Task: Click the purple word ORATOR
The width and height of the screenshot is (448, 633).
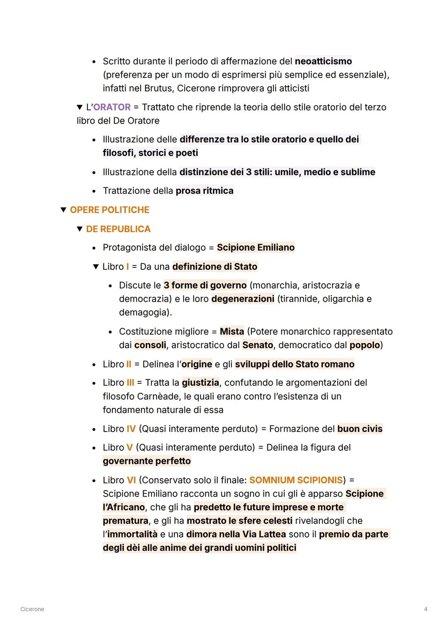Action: pos(112,107)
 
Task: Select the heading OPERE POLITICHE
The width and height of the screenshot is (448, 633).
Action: pos(110,210)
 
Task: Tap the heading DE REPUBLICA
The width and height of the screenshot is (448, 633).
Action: pos(118,229)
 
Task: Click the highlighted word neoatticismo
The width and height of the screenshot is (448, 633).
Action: pos(323,61)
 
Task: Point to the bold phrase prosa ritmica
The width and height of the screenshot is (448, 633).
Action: pos(205,191)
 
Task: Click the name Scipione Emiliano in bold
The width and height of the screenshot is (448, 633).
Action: pos(256,247)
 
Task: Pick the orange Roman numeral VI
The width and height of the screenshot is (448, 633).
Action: pos(131,480)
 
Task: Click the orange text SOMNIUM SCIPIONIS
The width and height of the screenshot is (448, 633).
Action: pos(296,480)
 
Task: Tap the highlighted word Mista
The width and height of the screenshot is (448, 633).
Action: pos(232,332)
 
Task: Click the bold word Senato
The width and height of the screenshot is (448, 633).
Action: pos(258,345)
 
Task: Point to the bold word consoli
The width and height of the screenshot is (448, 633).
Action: pos(150,345)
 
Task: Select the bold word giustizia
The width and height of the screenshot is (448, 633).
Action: pos(200,383)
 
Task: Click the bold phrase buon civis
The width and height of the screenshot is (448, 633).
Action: pos(360,429)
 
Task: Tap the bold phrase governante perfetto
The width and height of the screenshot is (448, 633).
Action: pos(147,461)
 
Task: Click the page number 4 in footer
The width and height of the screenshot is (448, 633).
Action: pos(426,609)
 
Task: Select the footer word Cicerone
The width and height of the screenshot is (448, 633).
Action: pos(32,609)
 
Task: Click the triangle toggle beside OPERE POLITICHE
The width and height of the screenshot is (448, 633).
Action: pos(63,210)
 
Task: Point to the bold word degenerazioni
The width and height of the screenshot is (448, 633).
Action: pos(243,299)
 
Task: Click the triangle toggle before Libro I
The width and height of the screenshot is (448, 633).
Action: pos(96,267)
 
